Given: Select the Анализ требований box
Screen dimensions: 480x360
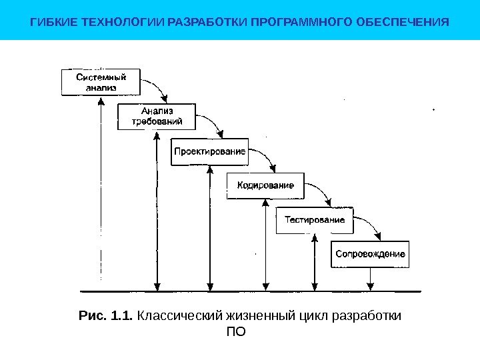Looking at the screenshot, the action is tap(157, 116).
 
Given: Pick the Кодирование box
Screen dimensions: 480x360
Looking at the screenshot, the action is tap(265, 186).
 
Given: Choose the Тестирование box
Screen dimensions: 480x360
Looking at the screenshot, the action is tap(315, 220).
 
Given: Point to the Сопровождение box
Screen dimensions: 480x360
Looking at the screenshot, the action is tap(370, 254).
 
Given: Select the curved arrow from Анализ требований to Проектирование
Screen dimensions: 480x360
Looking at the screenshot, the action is tap(211, 123).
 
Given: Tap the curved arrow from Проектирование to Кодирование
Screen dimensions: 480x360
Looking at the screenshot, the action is tap(267, 157).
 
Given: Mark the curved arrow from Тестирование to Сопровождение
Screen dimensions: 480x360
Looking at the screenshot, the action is tap(373, 227).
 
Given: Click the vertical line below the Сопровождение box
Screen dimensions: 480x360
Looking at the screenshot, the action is tap(370, 279).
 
